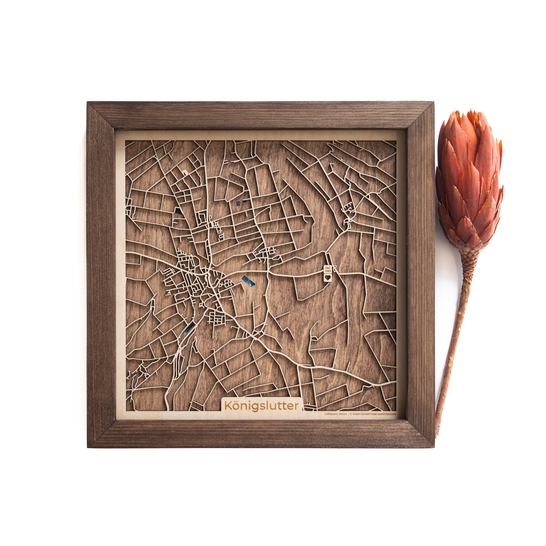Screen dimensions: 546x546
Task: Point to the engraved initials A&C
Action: (328, 267)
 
